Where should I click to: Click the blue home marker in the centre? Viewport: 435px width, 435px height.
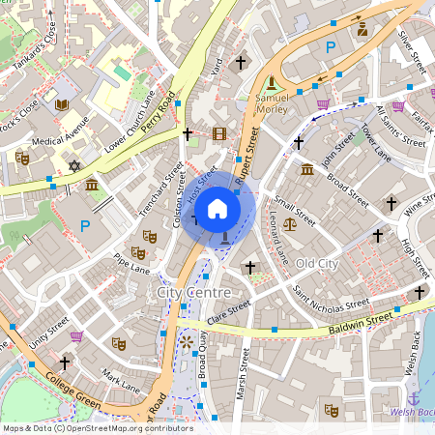(217, 208)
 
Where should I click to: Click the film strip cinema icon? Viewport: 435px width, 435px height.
(219, 134)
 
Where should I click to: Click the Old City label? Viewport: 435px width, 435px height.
(317, 263)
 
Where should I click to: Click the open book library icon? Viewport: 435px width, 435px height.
(63, 104)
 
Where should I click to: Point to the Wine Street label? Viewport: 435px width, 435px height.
(418, 205)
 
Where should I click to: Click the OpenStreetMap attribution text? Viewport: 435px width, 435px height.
(84, 427)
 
